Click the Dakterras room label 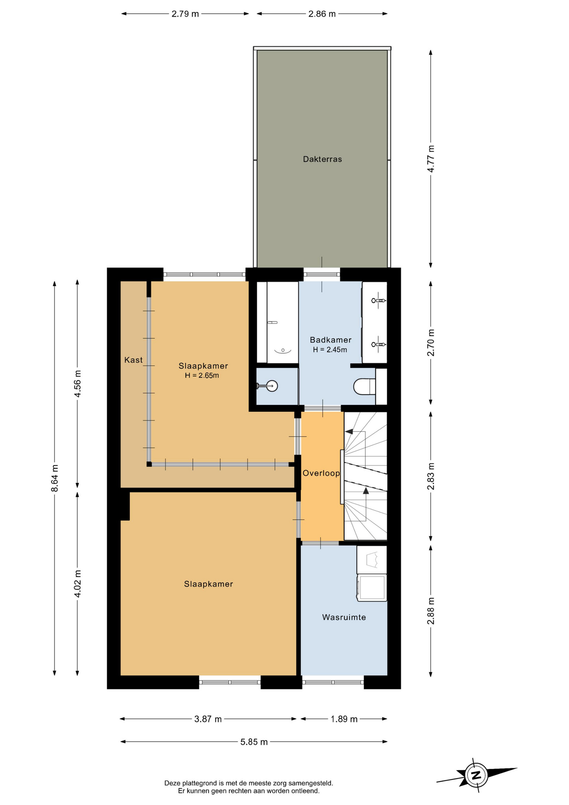pyautogui.click(x=322, y=159)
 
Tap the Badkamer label pyautogui.click(x=331, y=340)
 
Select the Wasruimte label pyautogui.click(x=344, y=617)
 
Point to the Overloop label pyautogui.click(x=321, y=473)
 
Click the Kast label pyautogui.click(x=134, y=360)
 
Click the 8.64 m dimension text pyautogui.click(x=55, y=478)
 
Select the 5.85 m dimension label pyautogui.click(x=254, y=742)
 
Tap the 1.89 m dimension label pyautogui.click(x=344, y=719)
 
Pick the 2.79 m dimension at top pyautogui.click(x=185, y=14)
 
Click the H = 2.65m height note pyautogui.click(x=202, y=376)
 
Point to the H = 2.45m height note pyautogui.click(x=330, y=350)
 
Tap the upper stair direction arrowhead pyautogui.click(x=348, y=431)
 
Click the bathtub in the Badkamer pyautogui.click(x=282, y=322)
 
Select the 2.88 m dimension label pyautogui.click(x=431, y=611)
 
